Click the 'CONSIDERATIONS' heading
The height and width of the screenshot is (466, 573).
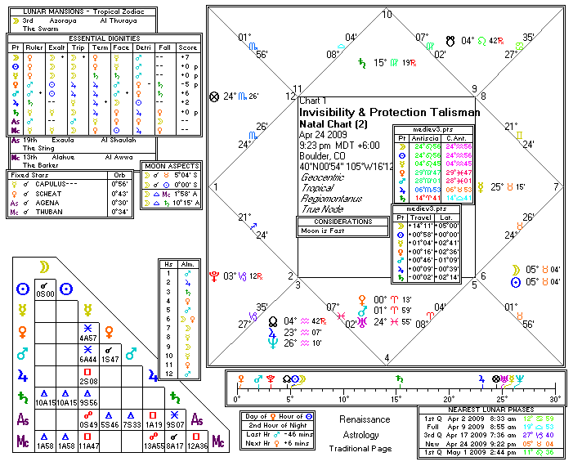[x=342, y=222]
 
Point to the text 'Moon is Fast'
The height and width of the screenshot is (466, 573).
[x=322, y=231]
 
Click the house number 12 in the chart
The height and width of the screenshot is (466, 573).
[x=289, y=96]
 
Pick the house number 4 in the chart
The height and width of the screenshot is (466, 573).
[x=387, y=357]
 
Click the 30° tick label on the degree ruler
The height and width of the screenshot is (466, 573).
[x=556, y=399]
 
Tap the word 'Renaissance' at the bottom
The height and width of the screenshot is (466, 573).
[x=365, y=419]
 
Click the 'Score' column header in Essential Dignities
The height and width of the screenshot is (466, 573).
[x=188, y=47]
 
